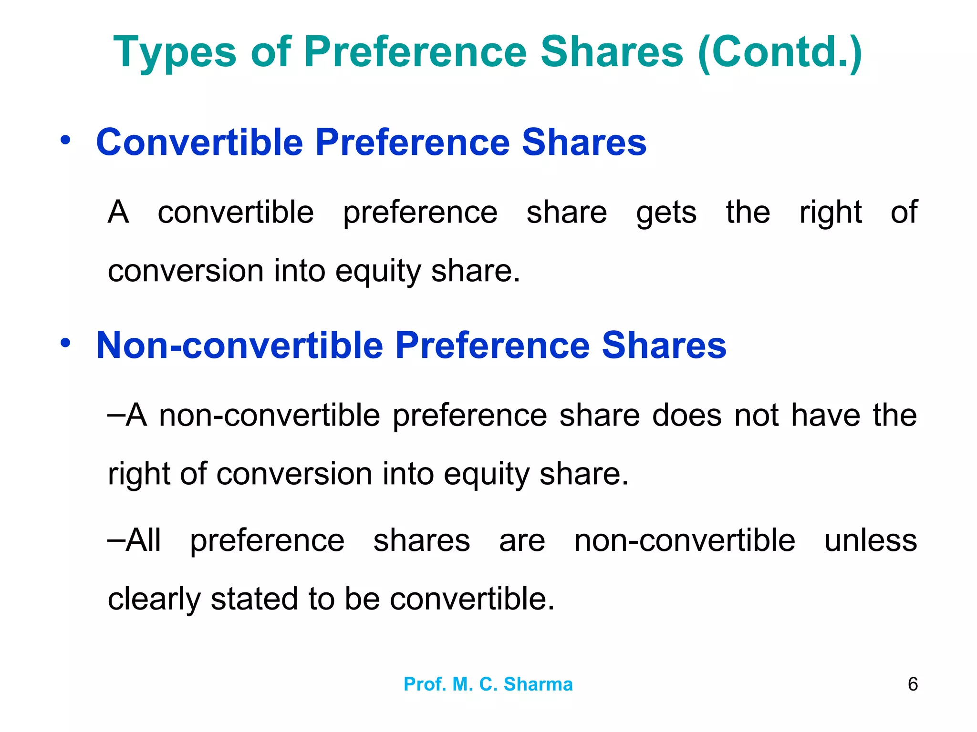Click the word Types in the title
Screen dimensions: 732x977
click(x=175, y=52)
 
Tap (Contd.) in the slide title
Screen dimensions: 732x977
click(x=780, y=52)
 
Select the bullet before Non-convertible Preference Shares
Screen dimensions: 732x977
click(x=66, y=343)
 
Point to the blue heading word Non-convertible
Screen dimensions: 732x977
click(x=239, y=345)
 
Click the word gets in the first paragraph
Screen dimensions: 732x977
click(x=666, y=213)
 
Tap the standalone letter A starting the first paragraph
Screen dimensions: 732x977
click(x=118, y=213)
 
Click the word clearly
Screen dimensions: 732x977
click(x=154, y=600)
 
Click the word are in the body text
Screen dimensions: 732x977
click(x=522, y=541)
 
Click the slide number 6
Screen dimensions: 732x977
click(x=913, y=684)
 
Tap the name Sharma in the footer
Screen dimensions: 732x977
click(x=538, y=684)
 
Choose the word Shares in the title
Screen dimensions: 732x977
click(x=612, y=52)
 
